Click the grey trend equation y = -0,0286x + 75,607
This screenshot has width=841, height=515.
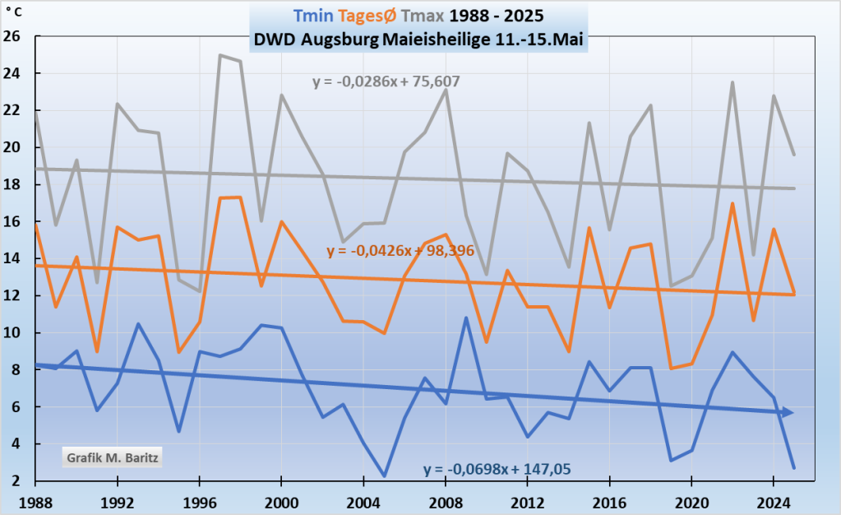pyautogui.click(x=386, y=81)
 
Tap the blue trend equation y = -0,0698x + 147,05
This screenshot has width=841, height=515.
pyautogui.click(x=497, y=470)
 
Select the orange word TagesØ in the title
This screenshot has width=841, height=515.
pyautogui.click(x=355, y=16)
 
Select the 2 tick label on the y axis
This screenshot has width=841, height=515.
pyautogui.click(x=16, y=481)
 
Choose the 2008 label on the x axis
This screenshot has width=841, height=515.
pyautogui.click(x=446, y=501)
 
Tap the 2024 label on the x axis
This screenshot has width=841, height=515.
pyautogui.click(x=773, y=501)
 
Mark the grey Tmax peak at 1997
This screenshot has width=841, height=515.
pyautogui.click(x=220, y=55)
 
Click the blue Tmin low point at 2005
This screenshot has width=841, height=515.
pyautogui.click(x=384, y=476)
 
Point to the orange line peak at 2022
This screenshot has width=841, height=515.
pyautogui.click(x=732, y=203)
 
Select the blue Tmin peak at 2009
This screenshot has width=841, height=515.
pyautogui.click(x=466, y=318)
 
